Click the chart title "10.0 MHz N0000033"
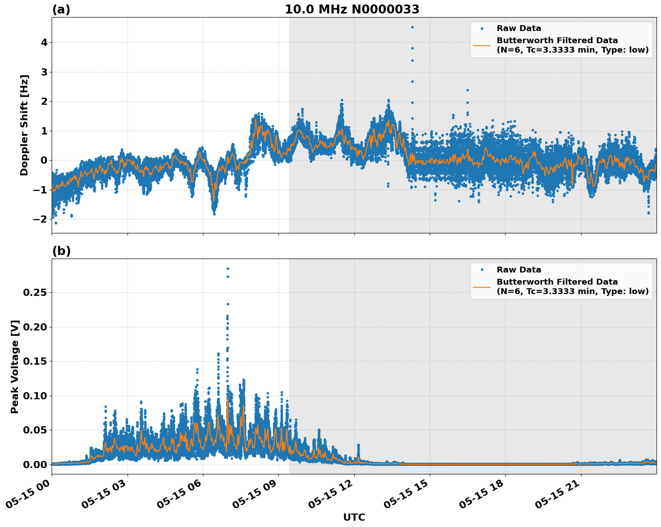click(352, 9)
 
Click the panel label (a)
click(61, 9)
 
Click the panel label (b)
click(61, 251)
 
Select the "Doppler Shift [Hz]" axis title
click(24, 125)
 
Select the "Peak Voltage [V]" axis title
click(15, 366)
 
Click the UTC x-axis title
click(354, 518)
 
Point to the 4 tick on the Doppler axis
click(44, 43)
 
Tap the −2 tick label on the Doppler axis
click(41, 219)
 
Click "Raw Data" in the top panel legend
click(519, 28)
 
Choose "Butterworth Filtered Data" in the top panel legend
click(557, 40)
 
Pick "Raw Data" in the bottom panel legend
click(519, 270)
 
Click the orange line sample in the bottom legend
click(482, 286)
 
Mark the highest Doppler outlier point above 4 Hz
click(412, 27)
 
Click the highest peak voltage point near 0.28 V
click(228, 268)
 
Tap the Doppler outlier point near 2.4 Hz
click(467, 90)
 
